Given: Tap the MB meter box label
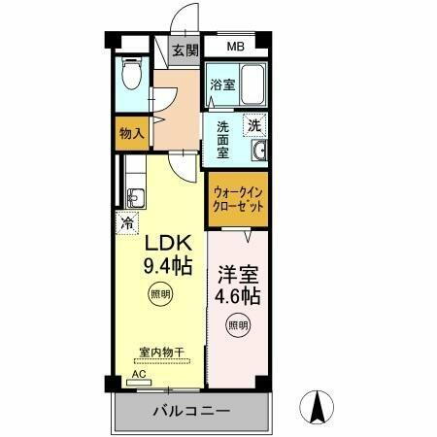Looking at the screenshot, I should pyautogui.click(x=236, y=47).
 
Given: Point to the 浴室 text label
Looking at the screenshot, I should pyautogui.click(x=222, y=84).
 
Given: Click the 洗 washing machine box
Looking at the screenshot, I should pyautogui.click(x=253, y=124).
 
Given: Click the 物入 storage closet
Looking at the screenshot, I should pyautogui.click(x=132, y=133).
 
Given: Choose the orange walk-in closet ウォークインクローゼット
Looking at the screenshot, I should pyautogui.click(x=238, y=199).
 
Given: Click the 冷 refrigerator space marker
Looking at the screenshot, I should pyautogui.click(x=127, y=222).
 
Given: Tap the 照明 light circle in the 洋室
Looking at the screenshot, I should pyautogui.click(x=236, y=323).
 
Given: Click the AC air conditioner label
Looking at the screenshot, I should pyautogui.click(x=138, y=374).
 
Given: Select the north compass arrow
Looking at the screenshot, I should pyautogui.click(x=317, y=406).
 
